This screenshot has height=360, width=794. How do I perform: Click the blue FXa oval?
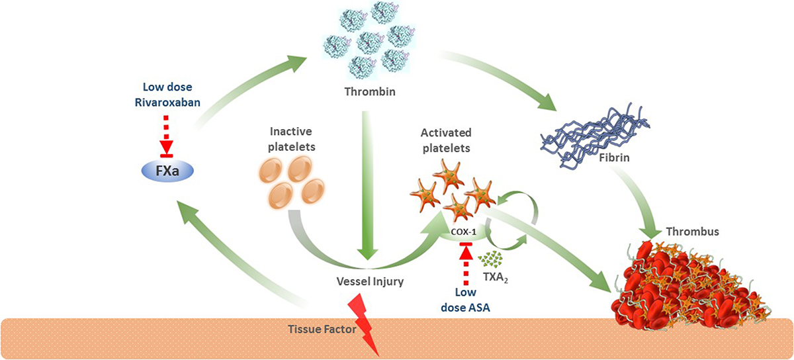(167, 171)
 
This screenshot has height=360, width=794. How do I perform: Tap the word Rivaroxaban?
(167, 103)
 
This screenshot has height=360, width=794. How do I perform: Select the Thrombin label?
(370, 92)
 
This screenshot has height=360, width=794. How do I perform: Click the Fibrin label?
(614, 157)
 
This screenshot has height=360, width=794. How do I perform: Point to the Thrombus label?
(692, 232)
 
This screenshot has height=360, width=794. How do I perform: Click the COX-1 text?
(463, 232)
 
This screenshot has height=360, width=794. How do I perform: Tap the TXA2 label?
(496, 277)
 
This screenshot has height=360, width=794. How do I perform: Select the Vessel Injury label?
(370, 282)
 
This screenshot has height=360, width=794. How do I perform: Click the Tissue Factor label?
(322, 329)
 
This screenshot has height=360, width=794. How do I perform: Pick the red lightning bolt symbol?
(364, 324)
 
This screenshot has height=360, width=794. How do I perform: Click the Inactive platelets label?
(291, 139)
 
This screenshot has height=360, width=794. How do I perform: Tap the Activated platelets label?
(446, 140)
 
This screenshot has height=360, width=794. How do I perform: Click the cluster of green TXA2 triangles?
(490, 259)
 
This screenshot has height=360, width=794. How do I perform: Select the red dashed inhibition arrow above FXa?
(166, 136)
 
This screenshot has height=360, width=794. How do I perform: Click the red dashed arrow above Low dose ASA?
(466, 264)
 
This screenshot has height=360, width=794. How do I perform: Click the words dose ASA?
(465, 308)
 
